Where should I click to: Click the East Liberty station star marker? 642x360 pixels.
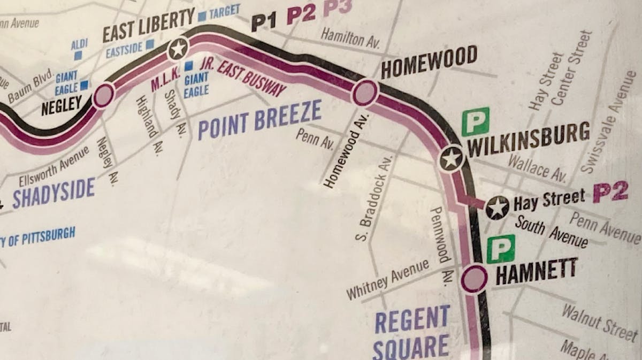click(178, 50)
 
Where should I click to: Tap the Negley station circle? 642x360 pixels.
click(103, 96)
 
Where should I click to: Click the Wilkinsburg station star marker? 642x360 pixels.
click(451, 159)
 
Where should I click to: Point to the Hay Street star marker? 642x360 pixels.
click(498, 208)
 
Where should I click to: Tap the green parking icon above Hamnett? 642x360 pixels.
click(501, 249)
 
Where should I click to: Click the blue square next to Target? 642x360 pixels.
click(202, 16)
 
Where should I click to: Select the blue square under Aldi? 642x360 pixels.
click(78, 55)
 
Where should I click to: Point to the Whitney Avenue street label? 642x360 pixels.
click(387, 279)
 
